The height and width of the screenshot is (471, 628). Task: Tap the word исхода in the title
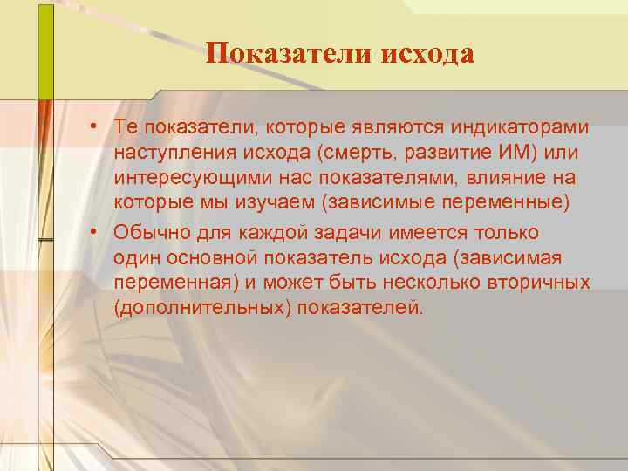point(427,54)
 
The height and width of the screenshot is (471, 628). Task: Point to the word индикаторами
point(520,127)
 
